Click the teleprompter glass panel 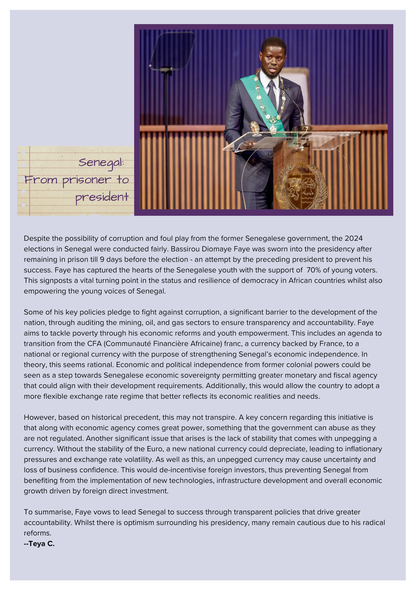(x=172, y=50)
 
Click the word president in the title (x=102, y=197)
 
